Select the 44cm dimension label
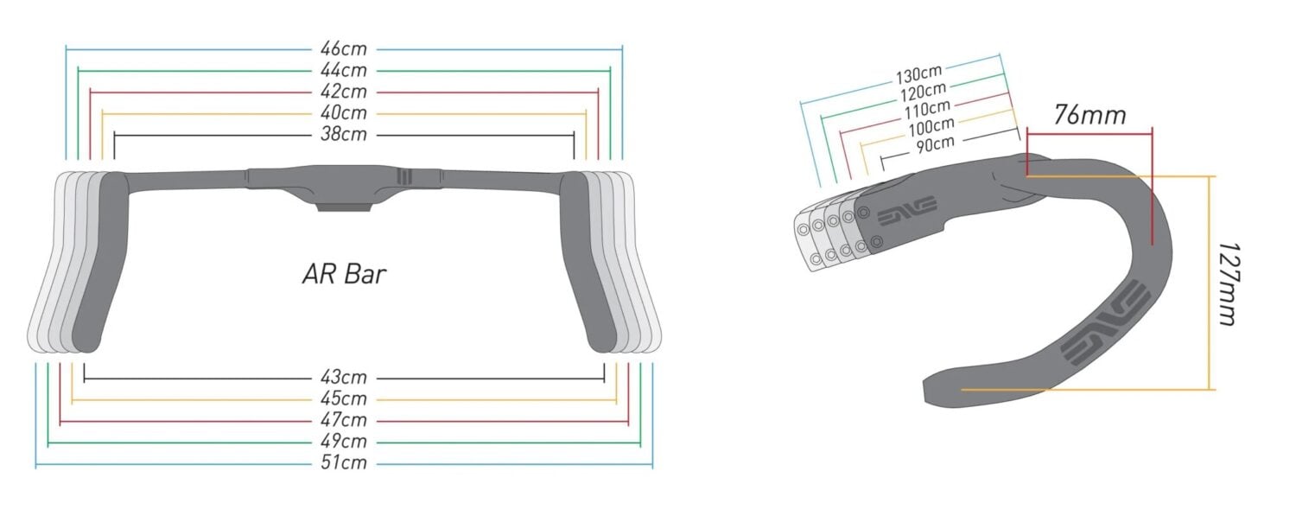pyautogui.click(x=344, y=70)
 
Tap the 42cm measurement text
pyautogui.click(x=344, y=92)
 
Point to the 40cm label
pyautogui.click(x=344, y=113)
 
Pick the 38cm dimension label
pyautogui.click(x=344, y=135)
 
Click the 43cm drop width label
pyautogui.click(x=344, y=378)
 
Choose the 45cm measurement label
pyautogui.click(x=344, y=399)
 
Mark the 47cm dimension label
pyautogui.click(x=344, y=421)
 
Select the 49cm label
pyautogui.click(x=344, y=442)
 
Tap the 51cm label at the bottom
pyautogui.click(x=344, y=464)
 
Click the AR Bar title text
pyautogui.click(x=344, y=275)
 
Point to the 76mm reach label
pyautogui.click(x=1090, y=114)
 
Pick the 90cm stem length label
pyautogui.click(x=936, y=143)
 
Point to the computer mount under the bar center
pyautogui.click(x=343, y=206)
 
